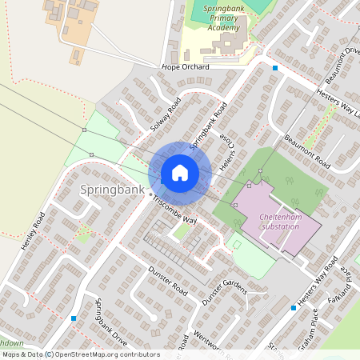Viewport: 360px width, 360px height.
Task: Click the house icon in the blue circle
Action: pos(179,173)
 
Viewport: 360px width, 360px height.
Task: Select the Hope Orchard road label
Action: pos(185,67)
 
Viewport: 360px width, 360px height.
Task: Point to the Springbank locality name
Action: pos(112,190)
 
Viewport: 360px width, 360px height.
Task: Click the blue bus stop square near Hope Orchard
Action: pos(275,68)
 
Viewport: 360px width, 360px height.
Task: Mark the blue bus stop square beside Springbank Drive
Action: pos(74,318)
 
